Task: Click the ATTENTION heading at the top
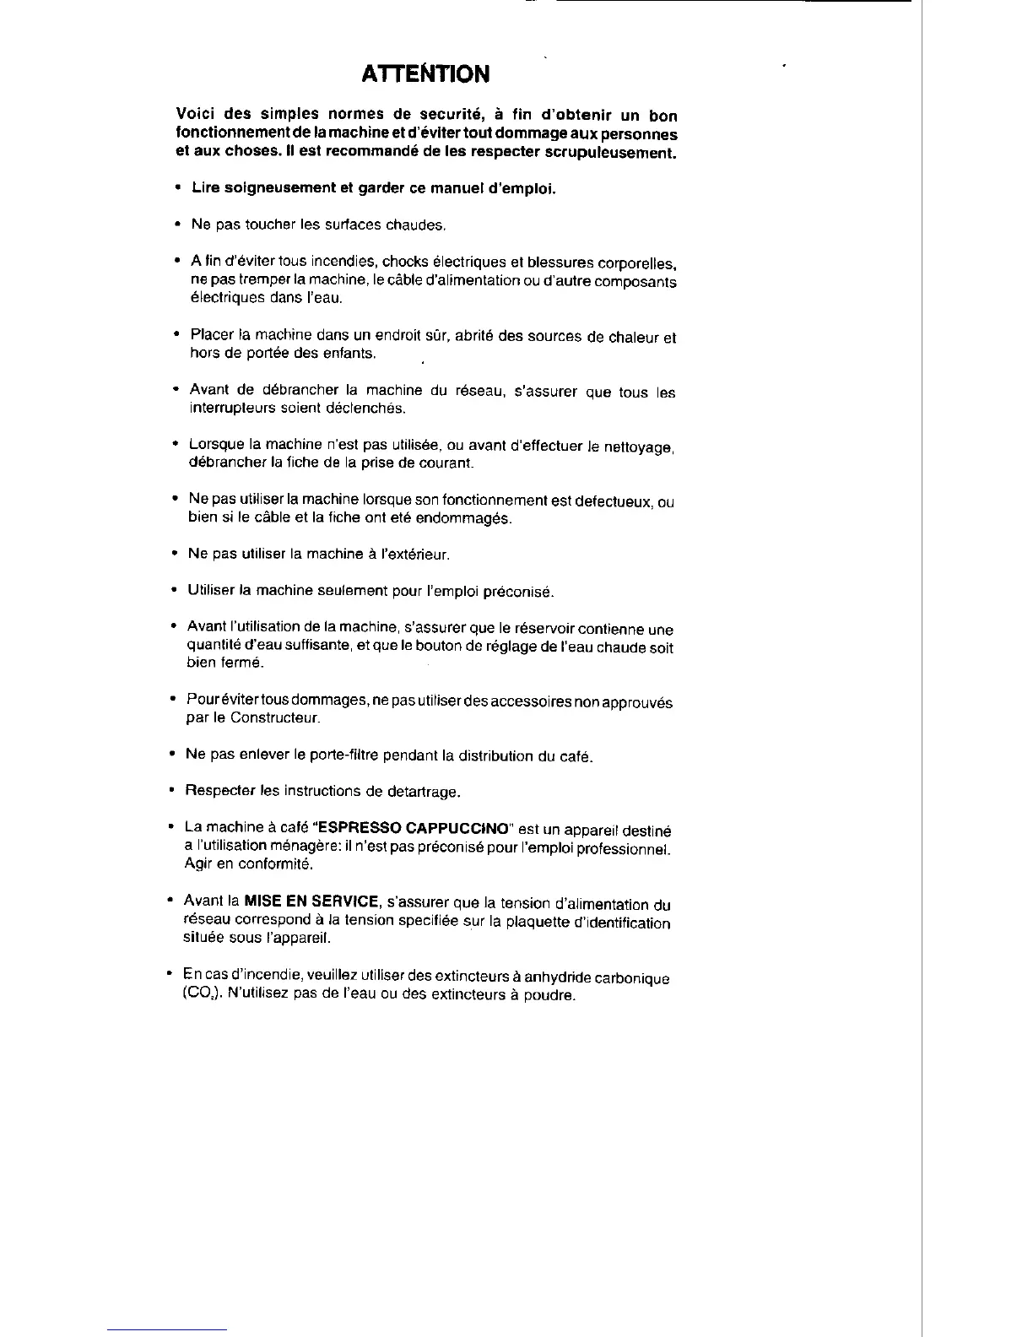(425, 74)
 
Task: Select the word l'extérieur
(403, 555)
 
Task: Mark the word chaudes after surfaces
(415, 225)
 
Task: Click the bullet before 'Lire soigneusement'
(177, 187)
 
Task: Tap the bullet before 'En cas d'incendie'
(170, 973)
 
